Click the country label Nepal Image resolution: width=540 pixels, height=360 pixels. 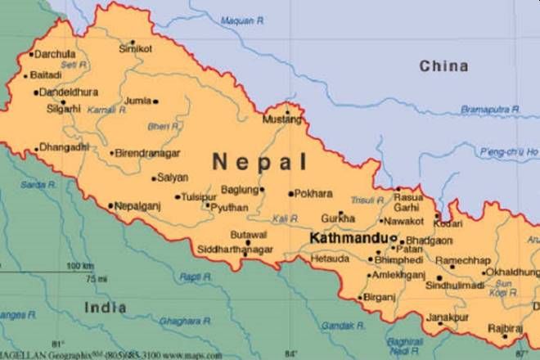259,161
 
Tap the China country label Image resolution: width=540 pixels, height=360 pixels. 443,66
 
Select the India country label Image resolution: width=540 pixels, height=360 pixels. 106,308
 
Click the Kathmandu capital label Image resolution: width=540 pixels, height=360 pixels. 349,238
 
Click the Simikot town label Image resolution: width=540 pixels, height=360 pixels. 136,49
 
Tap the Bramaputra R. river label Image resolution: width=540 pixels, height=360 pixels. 490,109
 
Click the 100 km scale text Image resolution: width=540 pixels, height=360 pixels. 79,265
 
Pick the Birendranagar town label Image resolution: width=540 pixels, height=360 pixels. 147,153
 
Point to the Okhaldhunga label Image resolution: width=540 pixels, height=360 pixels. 512,272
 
